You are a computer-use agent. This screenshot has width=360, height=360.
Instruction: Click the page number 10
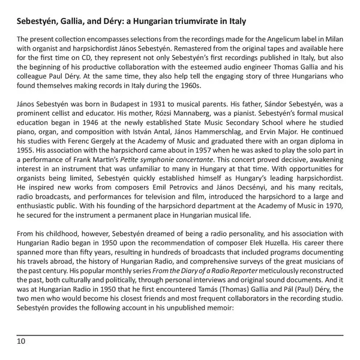21,342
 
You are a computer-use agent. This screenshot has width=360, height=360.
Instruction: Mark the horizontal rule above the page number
180,335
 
